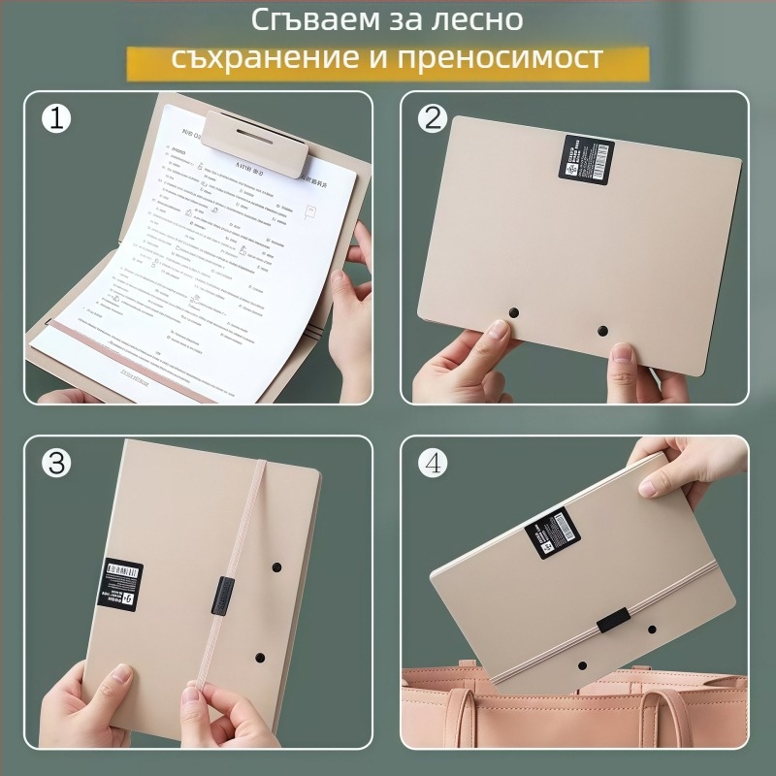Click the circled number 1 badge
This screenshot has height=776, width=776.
click(x=57, y=118)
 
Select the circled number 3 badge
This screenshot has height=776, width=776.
click(x=57, y=463)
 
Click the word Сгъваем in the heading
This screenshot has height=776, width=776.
click(x=300, y=19)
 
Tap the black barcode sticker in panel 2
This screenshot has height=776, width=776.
click(x=586, y=158)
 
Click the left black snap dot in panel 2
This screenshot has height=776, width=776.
click(x=514, y=313)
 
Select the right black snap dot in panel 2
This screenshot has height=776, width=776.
click(x=603, y=331)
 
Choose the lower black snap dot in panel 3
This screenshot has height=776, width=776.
click(x=259, y=657)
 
